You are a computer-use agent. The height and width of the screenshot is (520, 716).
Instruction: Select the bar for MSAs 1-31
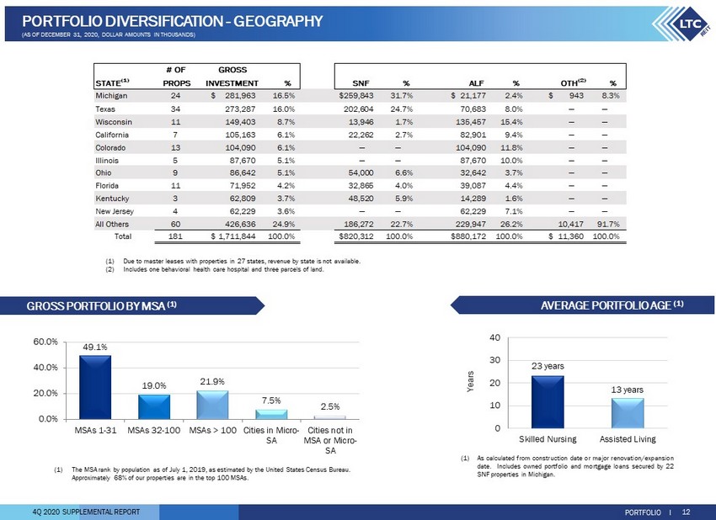pos(95,387)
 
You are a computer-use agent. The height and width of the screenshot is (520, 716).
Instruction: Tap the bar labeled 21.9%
pos(212,405)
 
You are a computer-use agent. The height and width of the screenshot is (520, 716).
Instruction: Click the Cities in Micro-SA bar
pos(271,415)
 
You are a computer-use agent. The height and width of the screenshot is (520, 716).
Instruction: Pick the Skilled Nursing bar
pos(548,402)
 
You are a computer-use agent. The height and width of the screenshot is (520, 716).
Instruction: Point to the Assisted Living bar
pos(628,413)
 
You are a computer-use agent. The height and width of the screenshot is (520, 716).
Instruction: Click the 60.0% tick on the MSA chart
pos(45,342)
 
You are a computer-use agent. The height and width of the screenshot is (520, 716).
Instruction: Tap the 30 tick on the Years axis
pos(495,360)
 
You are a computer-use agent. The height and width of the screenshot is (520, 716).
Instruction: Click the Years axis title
pos(470,381)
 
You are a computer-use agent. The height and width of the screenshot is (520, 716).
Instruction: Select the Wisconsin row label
pos(114,122)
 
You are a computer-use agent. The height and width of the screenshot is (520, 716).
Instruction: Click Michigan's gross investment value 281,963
pos(240,96)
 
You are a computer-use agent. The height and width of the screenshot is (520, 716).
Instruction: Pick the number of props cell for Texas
pos(175,109)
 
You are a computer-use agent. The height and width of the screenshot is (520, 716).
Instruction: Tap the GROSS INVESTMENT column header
pos(232,77)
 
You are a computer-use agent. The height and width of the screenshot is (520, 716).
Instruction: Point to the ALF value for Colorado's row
pos(470,148)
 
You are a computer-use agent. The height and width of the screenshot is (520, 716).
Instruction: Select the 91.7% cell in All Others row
pos(608,224)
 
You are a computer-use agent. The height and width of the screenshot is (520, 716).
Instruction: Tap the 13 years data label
pos(627,390)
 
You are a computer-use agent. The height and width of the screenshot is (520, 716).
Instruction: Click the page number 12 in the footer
pos(686,512)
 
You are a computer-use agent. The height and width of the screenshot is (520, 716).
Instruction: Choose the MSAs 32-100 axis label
pos(154,430)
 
